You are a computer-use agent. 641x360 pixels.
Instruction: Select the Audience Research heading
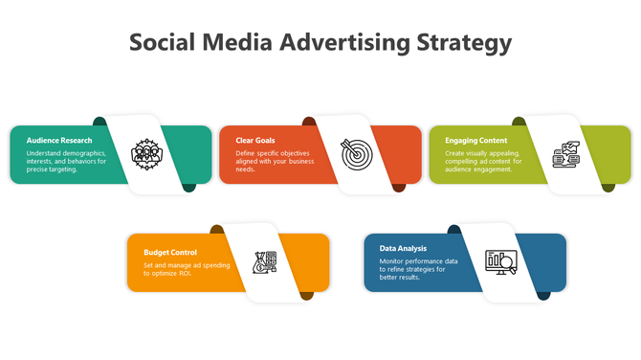(x=59, y=141)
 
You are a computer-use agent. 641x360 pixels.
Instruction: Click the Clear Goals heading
(x=255, y=141)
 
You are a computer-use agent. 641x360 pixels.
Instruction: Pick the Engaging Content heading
(x=475, y=141)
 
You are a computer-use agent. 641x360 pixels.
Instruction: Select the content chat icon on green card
(x=565, y=154)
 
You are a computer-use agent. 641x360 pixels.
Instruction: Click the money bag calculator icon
(x=263, y=261)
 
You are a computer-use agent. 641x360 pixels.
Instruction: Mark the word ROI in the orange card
(x=185, y=274)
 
